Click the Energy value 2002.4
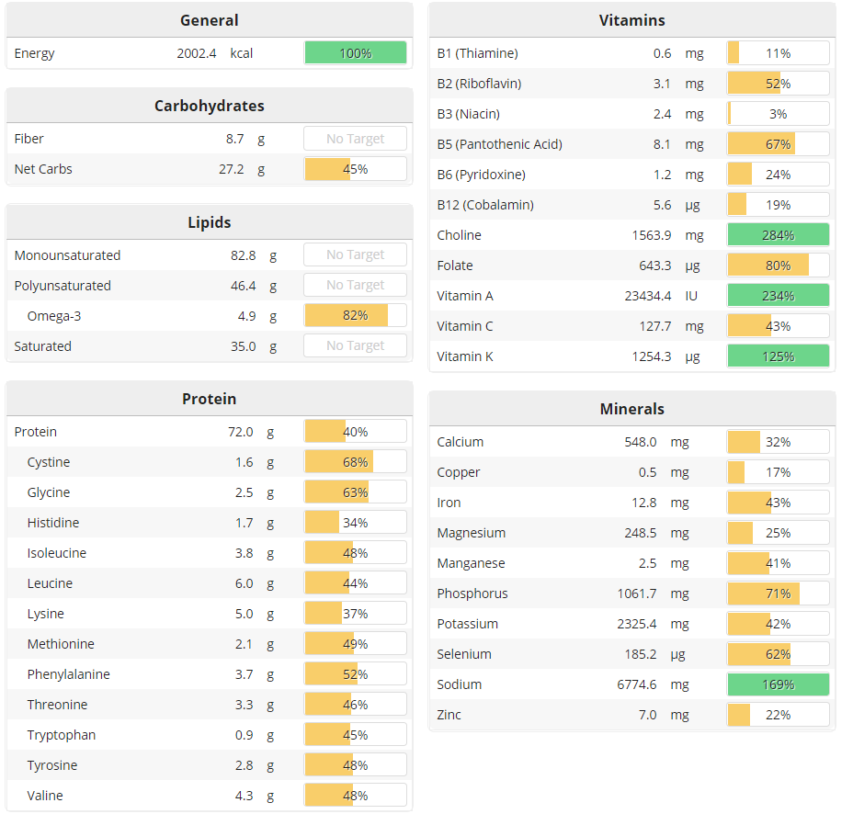[197, 53]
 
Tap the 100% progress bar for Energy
[355, 53]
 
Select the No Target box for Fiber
[355, 139]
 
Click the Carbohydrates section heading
[209, 106]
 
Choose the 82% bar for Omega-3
[355, 316]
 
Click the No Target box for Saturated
[355, 346]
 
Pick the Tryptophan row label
[61, 735]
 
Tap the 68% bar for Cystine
[355, 462]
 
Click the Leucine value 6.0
[244, 583]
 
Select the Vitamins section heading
[631, 20]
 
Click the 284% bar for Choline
[778, 235]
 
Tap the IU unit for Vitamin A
[692, 296]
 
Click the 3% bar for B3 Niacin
[778, 114]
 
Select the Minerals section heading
[631, 409]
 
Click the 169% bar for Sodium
[778, 684]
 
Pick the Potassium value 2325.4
[637, 624]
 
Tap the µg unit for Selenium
[678, 654]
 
